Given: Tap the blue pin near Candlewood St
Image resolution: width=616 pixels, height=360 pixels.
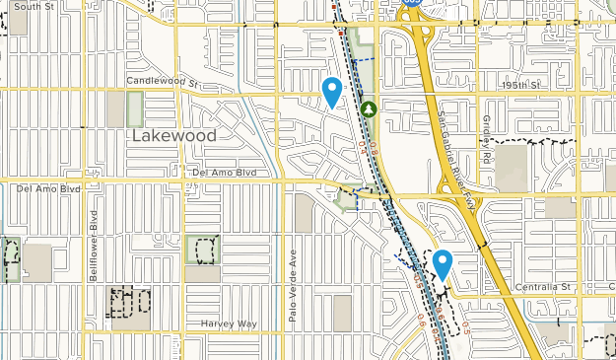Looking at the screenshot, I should click(x=333, y=91).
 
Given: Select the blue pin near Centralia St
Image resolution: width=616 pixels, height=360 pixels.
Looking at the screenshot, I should click(x=443, y=264).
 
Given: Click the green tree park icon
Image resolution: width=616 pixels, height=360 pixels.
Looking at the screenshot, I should click(x=369, y=108).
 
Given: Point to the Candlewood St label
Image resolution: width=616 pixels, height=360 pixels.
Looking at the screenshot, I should click(x=163, y=81).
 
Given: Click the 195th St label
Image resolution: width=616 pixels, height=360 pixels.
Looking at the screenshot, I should click(x=520, y=86).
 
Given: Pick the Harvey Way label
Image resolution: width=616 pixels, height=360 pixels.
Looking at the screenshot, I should click(x=229, y=324).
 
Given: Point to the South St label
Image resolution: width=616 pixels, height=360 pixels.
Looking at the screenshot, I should click(x=34, y=6).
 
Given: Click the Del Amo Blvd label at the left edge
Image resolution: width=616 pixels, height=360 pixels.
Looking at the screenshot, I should click(x=47, y=186).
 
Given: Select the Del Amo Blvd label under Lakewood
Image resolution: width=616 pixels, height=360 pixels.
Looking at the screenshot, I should click(x=225, y=173).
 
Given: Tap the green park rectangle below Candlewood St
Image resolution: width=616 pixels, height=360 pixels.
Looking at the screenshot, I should click(x=135, y=108).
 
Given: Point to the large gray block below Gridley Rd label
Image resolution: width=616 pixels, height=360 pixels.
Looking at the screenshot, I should click(x=511, y=169).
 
